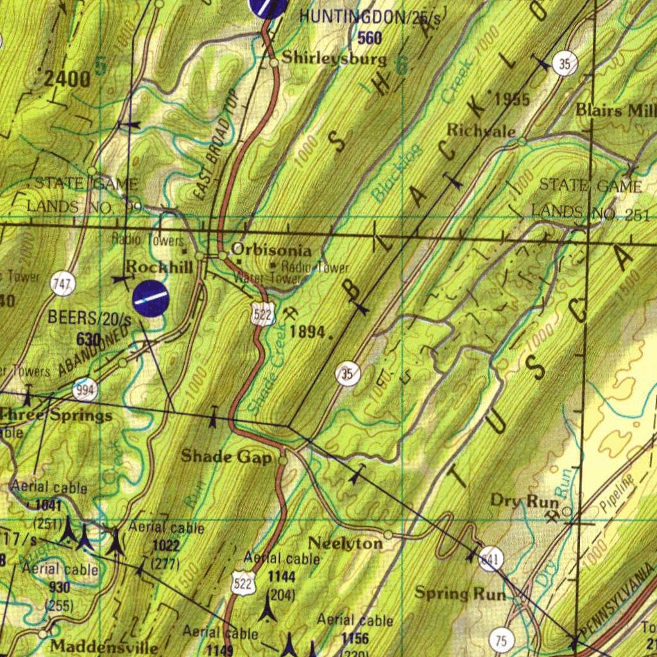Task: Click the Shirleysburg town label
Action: [x=334, y=58]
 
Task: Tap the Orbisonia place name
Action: [x=271, y=250]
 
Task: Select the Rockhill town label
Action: [x=159, y=266]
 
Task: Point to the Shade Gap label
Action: [x=226, y=456]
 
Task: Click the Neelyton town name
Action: [x=345, y=543]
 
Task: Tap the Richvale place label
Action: [x=481, y=130]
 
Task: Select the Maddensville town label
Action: [x=104, y=646]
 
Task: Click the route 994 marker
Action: [x=85, y=389]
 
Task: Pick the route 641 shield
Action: [x=491, y=558]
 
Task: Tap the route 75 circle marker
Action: [x=501, y=640]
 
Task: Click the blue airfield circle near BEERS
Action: [x=151, y=298]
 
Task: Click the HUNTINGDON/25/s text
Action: [x=370, y=17]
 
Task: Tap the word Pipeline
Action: [x=617, y=494]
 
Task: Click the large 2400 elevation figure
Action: [x=67, y=80]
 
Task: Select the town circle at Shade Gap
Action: [x=284, y=460]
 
